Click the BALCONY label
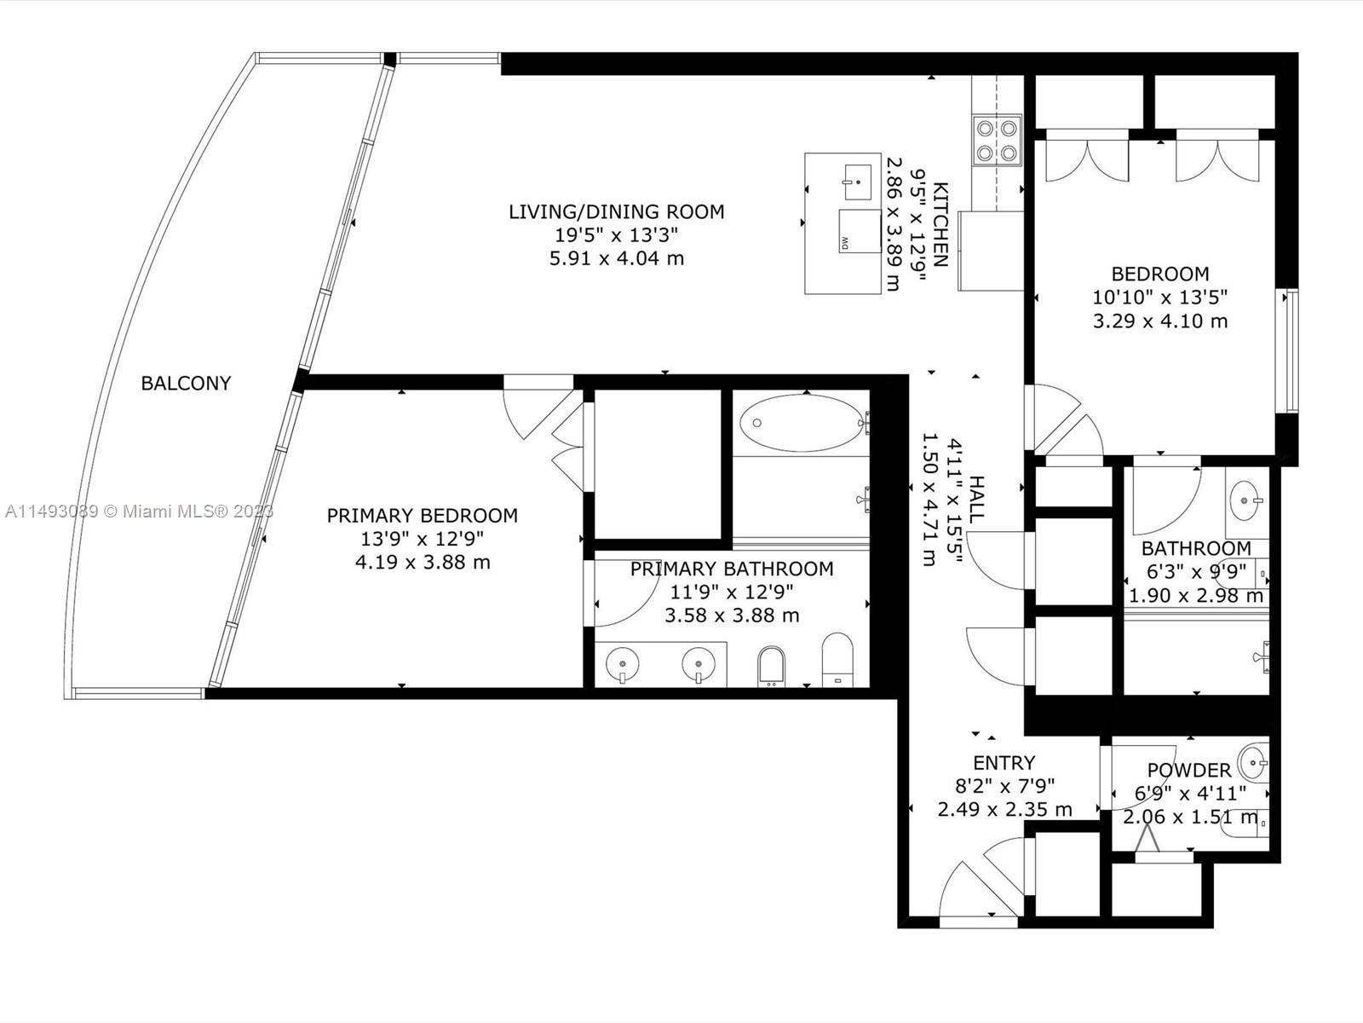click(x=186, y=384)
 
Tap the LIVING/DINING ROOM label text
click(x=617, y=211)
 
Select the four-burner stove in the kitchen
click(x=998, y=141)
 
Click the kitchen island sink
click(x=858, y=182)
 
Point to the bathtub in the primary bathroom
click(x=802, y=423)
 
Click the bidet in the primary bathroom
click(x=772, y=667)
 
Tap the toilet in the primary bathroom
click(x=837, y=660)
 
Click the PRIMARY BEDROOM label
click(x=423, y=516)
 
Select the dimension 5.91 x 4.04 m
click(x=617, y=258)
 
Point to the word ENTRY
click(x=1004, y=763)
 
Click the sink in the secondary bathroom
click(x=1244, y=500)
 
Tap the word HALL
click(x=976, y=498)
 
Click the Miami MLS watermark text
click(x=139, y=511)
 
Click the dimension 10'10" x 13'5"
click(x=1160, y=298)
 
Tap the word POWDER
click(x=1188, y=770)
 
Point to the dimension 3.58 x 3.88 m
click(x=732, y=616)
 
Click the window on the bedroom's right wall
click(x=1291, y=350)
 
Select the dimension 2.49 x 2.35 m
click(x=1004, y=809)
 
